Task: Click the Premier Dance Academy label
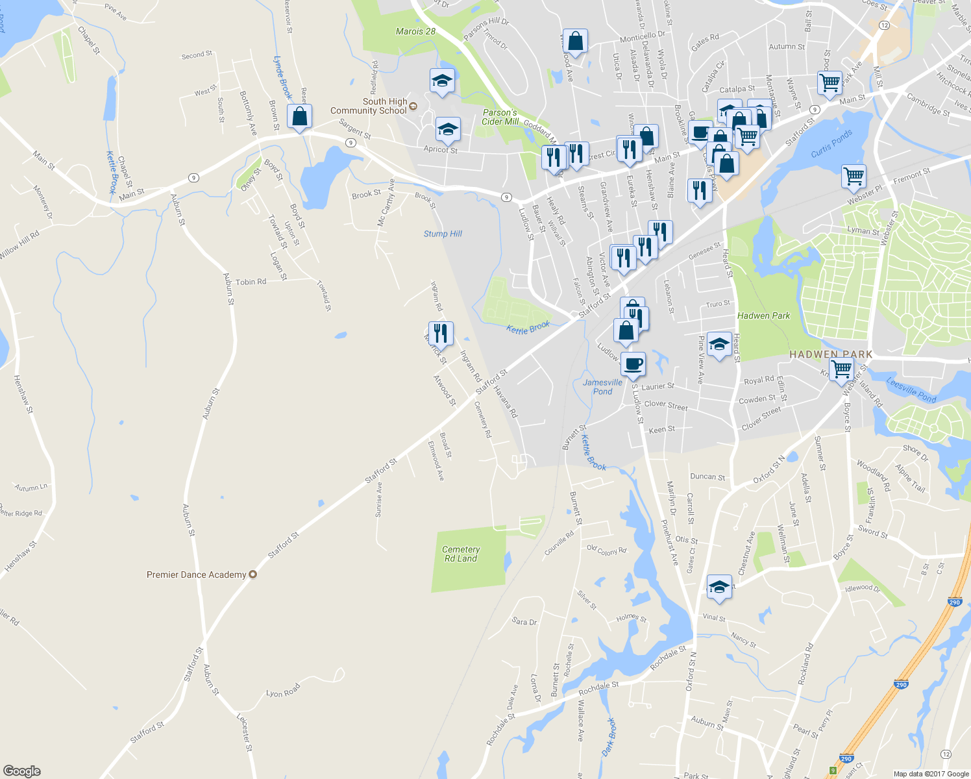point(196,575)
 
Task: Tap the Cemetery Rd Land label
point(461,554)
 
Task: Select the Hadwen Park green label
point(763,315)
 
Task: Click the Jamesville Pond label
point(602,387)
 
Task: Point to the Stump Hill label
point(443,234)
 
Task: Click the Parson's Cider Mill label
point(500,117)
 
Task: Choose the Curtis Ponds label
point(831,144)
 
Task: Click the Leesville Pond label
point(911,391)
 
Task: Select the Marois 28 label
point(415,31)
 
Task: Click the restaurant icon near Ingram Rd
point(441,333)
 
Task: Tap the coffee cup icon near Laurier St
point(633,364)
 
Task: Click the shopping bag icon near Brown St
point(299,117)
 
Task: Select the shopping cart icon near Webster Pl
point(854,176)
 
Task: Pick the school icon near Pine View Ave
point(719,345)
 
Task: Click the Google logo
point(21,771)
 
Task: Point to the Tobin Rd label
point(251,282)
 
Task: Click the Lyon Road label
point(283,690)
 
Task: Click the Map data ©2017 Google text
point(931,774)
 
